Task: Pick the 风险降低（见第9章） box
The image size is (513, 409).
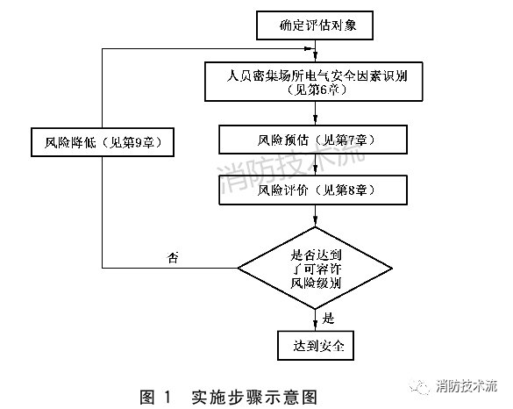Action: point(102,141)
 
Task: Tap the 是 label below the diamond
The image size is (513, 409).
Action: point(330,318)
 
